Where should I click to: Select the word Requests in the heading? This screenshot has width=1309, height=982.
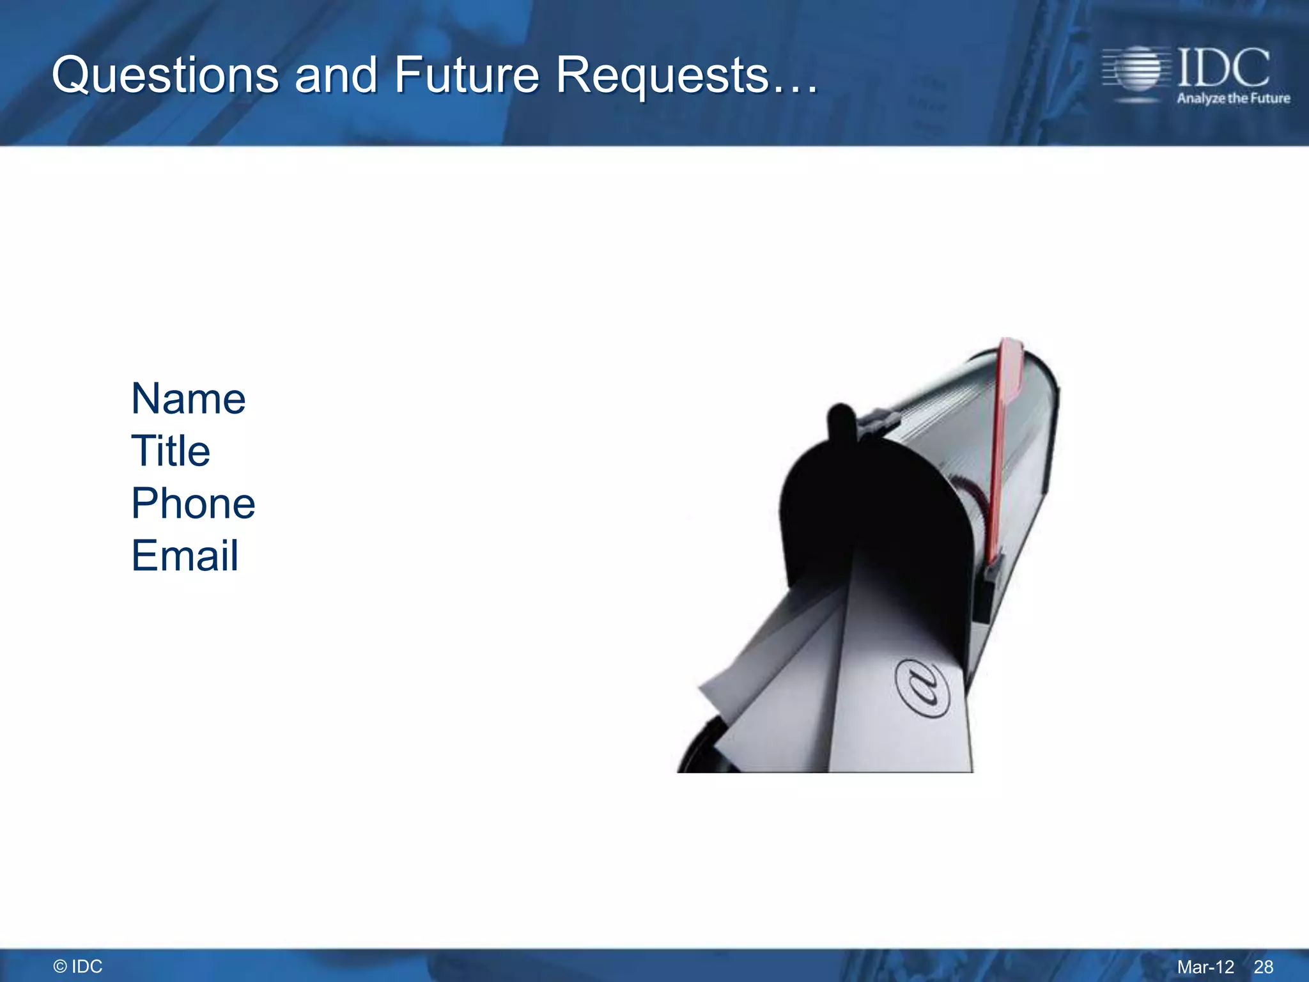662,75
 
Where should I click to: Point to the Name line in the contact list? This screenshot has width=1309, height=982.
188,399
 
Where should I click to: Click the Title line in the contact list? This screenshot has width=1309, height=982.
171,451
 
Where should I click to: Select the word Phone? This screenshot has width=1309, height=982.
193,503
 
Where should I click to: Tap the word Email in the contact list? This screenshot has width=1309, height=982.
185,556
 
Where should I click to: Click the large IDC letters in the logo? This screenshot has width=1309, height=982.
1223,68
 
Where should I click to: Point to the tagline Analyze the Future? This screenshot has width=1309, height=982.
1233,98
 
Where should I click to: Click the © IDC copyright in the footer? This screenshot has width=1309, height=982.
78,967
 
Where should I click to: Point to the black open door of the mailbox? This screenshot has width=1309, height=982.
876,511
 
